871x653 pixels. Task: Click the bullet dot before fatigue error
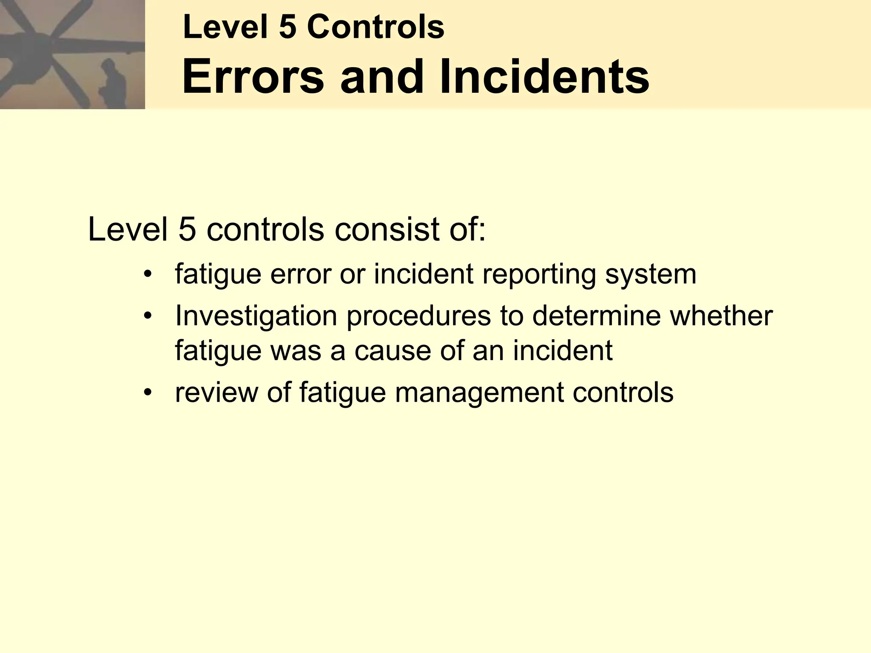pyautogui.click(x=148, y=274)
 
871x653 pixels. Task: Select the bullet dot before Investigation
pyautogui.click(x=148, y=315)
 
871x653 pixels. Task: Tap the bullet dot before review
pyautogui.click(x=148, y=392)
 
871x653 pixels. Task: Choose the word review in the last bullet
pyautogui.click(x=216, y=392)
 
